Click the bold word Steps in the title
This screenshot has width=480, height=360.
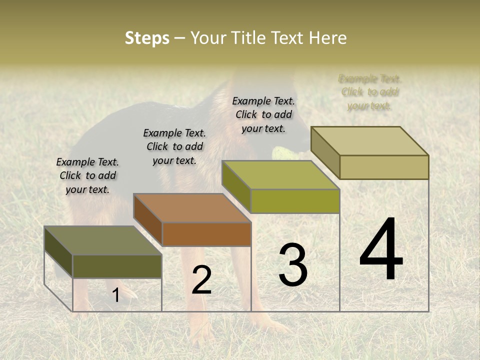[x=147, y=38]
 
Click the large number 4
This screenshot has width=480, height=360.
[x=381, y=250]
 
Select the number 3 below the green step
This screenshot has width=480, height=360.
[x=293, y=265]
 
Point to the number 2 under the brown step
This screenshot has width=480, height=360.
[x=201, y=280]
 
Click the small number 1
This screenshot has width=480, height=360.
[x=115, y=295]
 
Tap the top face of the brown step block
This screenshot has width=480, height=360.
[x=192, y=207]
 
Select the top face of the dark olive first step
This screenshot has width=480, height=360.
[x=103, y=240]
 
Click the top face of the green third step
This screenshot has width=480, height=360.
[x=280, y=175]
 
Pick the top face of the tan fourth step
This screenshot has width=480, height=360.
[x=370, y=141]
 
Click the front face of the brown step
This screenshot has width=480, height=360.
[x=206, y=234]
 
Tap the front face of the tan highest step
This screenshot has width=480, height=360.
[x=384, y=167]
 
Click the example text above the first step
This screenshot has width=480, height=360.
[x=87, y=175]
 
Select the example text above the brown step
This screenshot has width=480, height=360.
[x=174, y=146]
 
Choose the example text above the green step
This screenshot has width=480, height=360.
[x=263, y=114]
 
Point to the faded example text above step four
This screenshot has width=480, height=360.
[x=370, y=92]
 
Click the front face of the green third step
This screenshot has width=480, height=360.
[x=295, y=201]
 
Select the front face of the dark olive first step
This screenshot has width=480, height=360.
[x=117, y=266]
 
